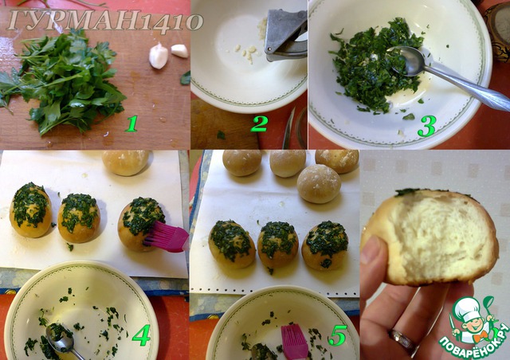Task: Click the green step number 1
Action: point(131,124)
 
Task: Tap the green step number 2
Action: point(259,124)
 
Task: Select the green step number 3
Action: point(427,126)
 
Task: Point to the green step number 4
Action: point(141,335)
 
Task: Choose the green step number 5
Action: point(338,335)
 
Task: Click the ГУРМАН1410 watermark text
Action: point(104,22)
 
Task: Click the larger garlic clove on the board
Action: point(159,56)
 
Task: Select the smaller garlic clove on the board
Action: point(179,51)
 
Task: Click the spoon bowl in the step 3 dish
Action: point(406,61)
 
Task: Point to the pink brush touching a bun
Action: point(167,236)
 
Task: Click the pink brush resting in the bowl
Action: point(294,342)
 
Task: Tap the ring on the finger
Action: point(402,339)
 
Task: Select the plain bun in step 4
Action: point(126,162)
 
